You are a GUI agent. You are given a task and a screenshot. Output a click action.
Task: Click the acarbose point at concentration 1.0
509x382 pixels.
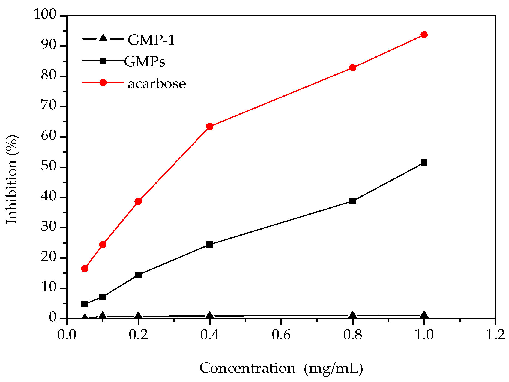click(424, 35)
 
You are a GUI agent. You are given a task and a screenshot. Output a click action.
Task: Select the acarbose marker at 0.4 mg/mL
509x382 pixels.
click(209, 126)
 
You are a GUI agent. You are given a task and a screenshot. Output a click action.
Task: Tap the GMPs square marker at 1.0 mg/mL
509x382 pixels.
click(424, 163)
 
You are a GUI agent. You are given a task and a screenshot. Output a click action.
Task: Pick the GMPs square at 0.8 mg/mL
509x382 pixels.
click(352, 201)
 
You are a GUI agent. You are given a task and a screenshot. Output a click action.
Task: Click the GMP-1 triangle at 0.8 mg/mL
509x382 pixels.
click(352, 315)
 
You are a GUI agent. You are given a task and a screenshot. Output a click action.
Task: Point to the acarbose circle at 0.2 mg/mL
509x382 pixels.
click(138, 201)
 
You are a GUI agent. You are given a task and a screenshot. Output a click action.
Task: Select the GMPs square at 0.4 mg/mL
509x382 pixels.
click(209, 244)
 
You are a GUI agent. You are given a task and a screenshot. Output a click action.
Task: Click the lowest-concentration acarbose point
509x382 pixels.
click(85, 269)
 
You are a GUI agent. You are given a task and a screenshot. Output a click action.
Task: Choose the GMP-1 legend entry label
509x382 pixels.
click(151, 40)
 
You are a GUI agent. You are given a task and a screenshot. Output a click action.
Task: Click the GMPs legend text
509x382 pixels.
click(145, 62)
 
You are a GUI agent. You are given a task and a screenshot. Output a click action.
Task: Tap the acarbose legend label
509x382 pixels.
click(157, 83)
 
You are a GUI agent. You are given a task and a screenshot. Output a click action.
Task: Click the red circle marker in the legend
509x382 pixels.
click(103, 82)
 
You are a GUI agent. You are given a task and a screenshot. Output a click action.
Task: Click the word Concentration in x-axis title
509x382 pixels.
click(247, 368)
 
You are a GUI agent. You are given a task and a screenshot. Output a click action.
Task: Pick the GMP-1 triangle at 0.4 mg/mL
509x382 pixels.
click(209, 316)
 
